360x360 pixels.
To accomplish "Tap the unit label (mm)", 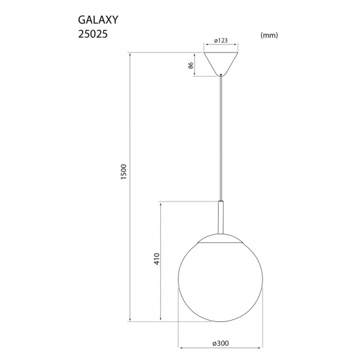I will pos(270,36).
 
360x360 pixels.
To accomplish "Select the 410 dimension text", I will pos(155,259).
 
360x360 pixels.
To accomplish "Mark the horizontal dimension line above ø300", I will pos(221,346).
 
